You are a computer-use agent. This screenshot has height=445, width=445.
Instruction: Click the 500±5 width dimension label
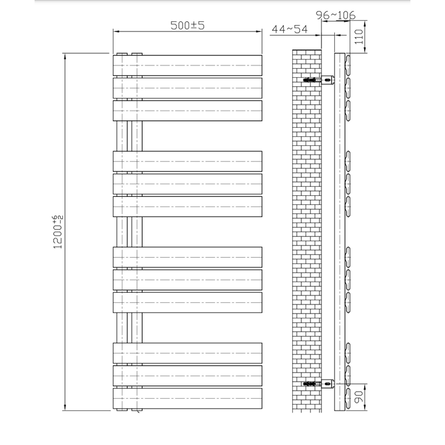pos(187,25)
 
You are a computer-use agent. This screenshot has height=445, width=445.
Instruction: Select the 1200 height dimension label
pos(58,232)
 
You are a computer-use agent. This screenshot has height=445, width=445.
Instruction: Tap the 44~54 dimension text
pos(290,29)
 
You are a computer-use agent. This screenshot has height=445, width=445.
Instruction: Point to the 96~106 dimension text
pos(335,15)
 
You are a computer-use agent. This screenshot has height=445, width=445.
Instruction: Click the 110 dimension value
pos(359,36)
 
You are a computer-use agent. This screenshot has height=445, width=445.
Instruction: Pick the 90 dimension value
pos(359,397)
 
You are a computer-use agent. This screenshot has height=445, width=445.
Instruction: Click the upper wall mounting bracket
pos(319,80)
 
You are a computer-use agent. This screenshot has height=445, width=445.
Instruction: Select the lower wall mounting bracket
pos(319,384)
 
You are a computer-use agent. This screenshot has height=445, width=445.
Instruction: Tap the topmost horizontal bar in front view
pos(187,65)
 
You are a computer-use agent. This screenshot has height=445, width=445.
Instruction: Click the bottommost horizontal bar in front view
pos(187,398)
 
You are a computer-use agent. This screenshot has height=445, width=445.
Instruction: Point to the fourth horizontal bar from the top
pos(187,161)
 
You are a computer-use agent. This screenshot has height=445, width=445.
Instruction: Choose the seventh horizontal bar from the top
pos(187,257)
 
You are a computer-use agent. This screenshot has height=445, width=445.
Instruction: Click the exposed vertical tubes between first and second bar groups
pos(129,136)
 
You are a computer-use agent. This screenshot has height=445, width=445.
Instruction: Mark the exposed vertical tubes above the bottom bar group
pos(129,328)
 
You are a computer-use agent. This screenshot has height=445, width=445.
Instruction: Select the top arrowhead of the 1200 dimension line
pos(65,57)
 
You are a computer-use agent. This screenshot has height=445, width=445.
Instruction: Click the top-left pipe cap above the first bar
pos(122,54)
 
